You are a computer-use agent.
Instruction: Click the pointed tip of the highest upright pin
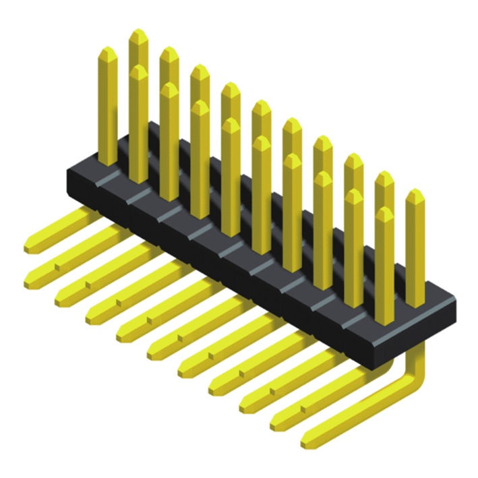click(138, 32)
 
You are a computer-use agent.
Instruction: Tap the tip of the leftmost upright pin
click(107, 51)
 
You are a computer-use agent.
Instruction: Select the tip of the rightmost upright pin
click(415, 193)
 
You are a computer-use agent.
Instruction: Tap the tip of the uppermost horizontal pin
click(30, 247)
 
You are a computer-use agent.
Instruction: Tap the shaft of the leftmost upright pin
click(107, 108)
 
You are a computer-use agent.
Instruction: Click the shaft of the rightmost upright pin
click(415, 249)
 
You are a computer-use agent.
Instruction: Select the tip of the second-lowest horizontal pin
click(277, 425)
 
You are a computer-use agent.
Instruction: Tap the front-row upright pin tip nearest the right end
click(384, 211)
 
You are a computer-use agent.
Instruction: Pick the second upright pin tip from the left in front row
click(169, 86)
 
